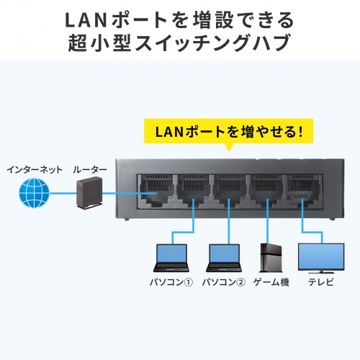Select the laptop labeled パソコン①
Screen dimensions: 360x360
(x=171, y=257)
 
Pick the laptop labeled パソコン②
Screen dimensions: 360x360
(x=222, y=257)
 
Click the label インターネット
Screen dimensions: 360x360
(x=33, y=169)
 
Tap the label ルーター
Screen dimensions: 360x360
(x=89, y=169)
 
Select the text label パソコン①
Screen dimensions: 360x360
(x=171, y=283)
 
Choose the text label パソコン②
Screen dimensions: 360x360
(x=222, y=283)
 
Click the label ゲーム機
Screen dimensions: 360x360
(x=271, y=283)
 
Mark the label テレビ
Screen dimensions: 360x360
(x=320, y=283)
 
